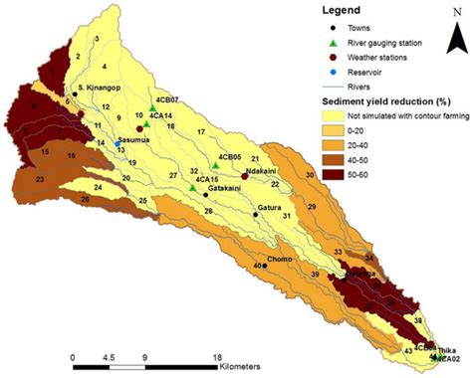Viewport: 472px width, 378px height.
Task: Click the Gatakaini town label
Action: (x=233, y=188)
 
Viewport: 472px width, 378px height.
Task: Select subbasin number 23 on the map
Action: (x=38, y=180)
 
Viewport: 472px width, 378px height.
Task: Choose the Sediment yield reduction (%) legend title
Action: (x=384, y=101)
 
